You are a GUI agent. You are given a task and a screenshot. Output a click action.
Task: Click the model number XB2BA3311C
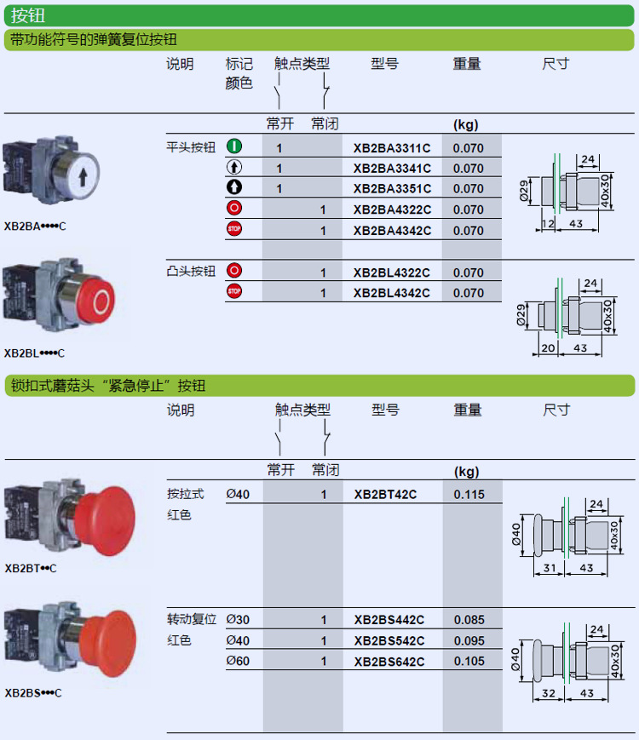(392, 148)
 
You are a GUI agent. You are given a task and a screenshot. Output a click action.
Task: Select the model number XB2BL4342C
(392, 293)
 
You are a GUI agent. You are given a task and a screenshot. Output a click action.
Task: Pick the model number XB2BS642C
(389, 662)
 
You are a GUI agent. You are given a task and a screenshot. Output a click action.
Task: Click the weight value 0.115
(469, 494)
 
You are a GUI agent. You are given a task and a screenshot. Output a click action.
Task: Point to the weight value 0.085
(469, 620)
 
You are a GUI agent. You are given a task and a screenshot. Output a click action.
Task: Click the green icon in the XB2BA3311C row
(234, 147)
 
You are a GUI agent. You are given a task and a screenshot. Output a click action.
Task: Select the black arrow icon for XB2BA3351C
(234, 188)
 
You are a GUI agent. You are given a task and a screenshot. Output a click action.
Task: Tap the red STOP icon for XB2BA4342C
(234, 229)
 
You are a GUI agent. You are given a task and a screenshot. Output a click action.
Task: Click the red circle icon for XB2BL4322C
(234, 272)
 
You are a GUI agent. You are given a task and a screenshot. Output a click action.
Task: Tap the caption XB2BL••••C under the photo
(34, 353)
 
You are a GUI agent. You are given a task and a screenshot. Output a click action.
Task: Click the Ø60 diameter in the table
(238, 662)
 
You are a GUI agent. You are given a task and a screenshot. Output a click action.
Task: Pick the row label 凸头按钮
(191, 272)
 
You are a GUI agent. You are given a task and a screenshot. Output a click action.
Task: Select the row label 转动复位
(192, 620)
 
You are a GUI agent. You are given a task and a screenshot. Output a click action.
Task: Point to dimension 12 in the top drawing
(547, 223)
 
